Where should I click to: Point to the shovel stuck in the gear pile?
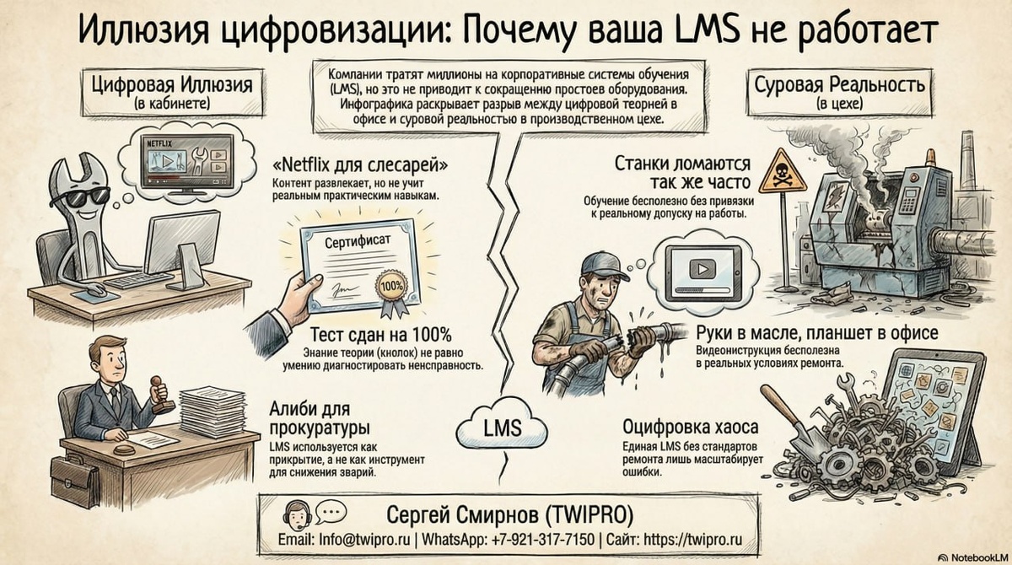pyautogui.click(x=789, y=422)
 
